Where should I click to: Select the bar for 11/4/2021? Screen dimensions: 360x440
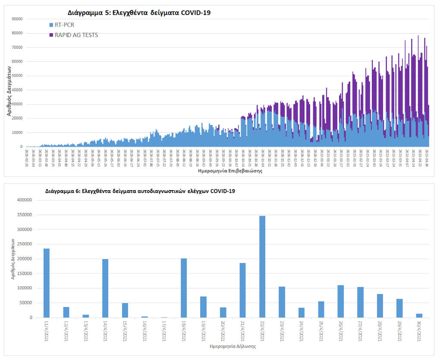click(47, 283)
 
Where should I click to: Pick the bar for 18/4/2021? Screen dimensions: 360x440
click(184, 288)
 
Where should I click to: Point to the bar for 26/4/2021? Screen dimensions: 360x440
click(340, 301)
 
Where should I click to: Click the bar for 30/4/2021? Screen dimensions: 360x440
click(419, 315)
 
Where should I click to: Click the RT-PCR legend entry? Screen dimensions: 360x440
click(61, 25)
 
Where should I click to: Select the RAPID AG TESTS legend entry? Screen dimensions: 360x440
click(73, 35)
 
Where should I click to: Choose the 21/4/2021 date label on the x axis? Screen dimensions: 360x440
click(242, 330)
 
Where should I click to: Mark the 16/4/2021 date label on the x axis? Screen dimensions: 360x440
click(145, 330)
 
